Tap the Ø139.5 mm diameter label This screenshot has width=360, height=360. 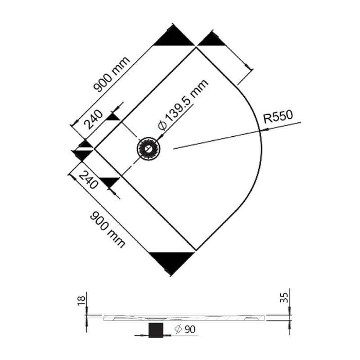coord(183,105)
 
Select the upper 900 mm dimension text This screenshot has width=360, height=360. coord(112,74)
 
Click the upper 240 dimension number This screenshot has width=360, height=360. coord(93,119)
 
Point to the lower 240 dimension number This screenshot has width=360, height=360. coord(88,180)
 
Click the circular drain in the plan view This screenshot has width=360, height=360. coord(148,149)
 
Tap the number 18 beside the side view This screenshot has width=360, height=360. coord(82,300)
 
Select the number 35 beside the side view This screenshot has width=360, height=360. coord(284,298)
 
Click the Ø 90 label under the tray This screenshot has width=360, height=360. coord(185,329)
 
